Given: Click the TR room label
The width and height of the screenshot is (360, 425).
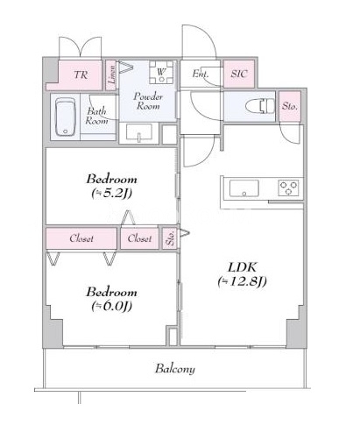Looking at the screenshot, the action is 81,74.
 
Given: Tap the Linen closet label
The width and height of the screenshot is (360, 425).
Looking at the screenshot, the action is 111,74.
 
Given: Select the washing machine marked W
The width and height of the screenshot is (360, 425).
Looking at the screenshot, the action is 161,72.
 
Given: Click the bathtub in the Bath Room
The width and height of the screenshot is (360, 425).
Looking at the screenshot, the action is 66,117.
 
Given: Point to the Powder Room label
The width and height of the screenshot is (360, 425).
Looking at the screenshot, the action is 148,101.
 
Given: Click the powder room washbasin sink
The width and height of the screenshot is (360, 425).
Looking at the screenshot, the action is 138,132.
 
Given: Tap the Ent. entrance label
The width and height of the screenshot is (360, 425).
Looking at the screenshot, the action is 201,74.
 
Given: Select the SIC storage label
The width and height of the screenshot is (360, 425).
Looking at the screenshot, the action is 239,74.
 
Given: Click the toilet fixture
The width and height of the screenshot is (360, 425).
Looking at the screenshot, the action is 260,105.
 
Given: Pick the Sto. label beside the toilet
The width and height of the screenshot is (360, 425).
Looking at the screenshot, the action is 290,106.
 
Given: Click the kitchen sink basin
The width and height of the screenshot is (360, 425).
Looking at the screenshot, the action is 244,188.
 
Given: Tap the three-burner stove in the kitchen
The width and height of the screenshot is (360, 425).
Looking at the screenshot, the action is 288,188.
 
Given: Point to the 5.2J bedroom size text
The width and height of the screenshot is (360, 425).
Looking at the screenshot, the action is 112,193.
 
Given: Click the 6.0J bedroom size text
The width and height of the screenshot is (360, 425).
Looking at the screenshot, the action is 112,306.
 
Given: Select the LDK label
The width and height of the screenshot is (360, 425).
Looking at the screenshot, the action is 243,267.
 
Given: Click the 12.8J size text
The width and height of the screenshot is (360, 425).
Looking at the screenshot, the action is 242,281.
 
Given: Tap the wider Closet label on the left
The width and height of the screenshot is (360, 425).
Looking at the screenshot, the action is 81,238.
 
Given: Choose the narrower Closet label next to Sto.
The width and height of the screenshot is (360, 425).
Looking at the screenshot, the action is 139,238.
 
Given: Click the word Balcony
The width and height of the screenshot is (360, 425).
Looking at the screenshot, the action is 175,369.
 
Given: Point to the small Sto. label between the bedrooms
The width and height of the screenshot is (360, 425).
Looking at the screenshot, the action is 170,238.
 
